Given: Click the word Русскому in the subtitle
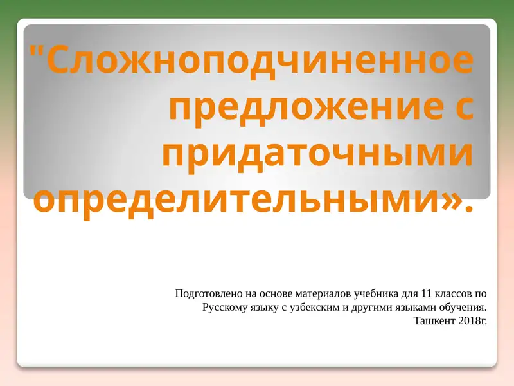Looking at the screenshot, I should (222, 308).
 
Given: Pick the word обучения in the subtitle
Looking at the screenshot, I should (465, 308).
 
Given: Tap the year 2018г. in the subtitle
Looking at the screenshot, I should (474, 320).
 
